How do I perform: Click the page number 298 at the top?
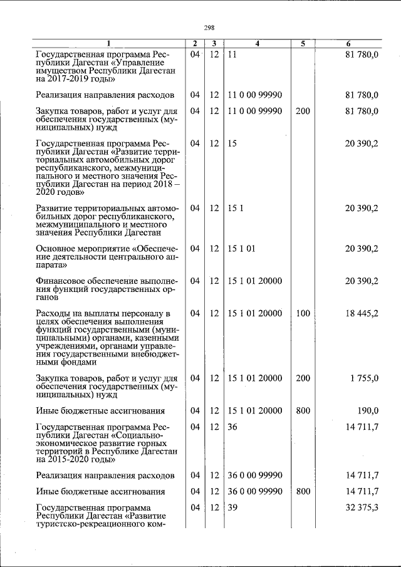(209, 28)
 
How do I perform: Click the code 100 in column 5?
(303, 313)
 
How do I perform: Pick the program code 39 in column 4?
(233, 507)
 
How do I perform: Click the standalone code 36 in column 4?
(233, 427)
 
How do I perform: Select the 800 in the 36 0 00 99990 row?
(303, 492)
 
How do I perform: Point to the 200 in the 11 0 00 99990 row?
(303, 111)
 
